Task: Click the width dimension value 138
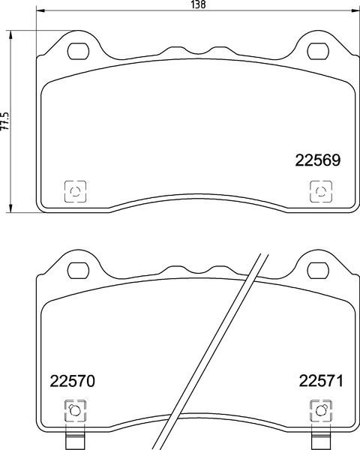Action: (198, 4)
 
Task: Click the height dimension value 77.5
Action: (5, 119)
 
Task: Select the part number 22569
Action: (317, 160)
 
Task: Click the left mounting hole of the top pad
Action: (78, 51)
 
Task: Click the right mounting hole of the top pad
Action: (318, 51)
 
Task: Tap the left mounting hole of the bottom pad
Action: (78, 269)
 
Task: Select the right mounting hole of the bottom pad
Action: (318, 269)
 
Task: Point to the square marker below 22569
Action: (319, 191)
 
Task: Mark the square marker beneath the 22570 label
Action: (74, 410)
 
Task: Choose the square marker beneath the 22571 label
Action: (319, 410)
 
